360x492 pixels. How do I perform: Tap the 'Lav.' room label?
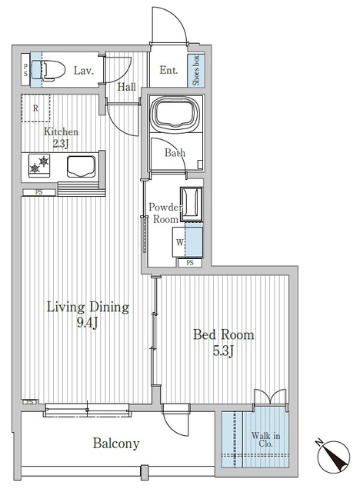pyautogui.click(x=84, y=71)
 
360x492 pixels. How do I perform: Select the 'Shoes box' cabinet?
pyautogui.click(x=198, y=70)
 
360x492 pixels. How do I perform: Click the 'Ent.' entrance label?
pyautogui.click(x=168, y=71)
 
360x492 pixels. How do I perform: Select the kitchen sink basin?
pyautogui.click(x=80, y=165)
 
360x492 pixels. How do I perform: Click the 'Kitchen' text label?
pyautogui.click(x=61, y=131)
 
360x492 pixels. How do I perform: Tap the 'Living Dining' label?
pyautogui.click(x=88, y=307)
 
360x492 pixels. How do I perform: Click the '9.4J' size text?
pyautogui.click(x=88, y=324)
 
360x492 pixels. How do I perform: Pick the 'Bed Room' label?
pyautogui.click(x=223, y=335)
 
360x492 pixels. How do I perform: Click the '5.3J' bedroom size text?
pyautogui.click(x=223, y=351)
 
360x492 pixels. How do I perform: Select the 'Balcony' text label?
pyautogui.click(x=116, y=444)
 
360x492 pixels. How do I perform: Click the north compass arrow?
pyautogui.click(x=336, y=460)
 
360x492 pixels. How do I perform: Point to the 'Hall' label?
pyautogui.click(x=128, y=87)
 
